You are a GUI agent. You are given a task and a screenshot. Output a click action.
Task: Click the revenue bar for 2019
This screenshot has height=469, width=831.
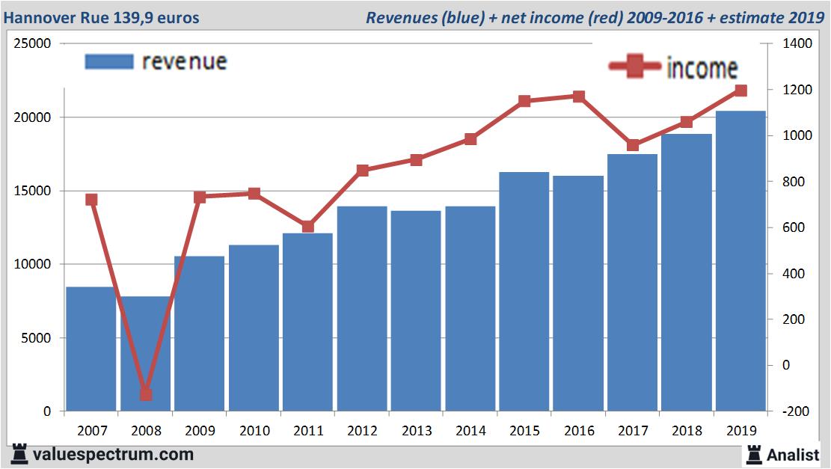tap(740, 261)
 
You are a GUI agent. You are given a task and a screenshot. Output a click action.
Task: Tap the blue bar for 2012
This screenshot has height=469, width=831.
tap(362, 308)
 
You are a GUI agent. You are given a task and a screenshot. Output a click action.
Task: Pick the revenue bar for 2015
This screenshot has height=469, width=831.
tap(524, 292)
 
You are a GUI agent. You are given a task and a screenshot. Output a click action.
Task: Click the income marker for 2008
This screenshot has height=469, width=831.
tap(146, 394)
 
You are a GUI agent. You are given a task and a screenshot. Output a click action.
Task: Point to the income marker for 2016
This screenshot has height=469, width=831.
tap(578, 96)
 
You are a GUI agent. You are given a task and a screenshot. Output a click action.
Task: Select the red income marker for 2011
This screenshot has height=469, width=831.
tap(308, 227)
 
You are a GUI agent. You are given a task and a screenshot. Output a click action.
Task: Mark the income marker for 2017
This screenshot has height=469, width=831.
tap(633, 145)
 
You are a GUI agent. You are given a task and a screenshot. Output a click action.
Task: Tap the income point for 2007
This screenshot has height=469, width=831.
tap(92, 200)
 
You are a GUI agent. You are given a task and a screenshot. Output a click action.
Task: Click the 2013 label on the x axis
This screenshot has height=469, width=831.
tap(417, 431)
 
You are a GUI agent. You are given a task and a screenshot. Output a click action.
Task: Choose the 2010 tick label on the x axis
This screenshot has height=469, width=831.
tap(254, 431)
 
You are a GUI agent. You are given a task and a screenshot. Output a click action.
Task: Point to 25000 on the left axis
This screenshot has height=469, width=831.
tap(33, 44)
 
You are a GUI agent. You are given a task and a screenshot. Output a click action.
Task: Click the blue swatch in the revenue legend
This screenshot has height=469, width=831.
tap(109, 61)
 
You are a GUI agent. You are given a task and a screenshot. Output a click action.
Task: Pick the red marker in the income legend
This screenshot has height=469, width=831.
tap(634, 67)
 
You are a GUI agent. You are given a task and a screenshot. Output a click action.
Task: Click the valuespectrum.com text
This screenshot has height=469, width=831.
tap(112, 454)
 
